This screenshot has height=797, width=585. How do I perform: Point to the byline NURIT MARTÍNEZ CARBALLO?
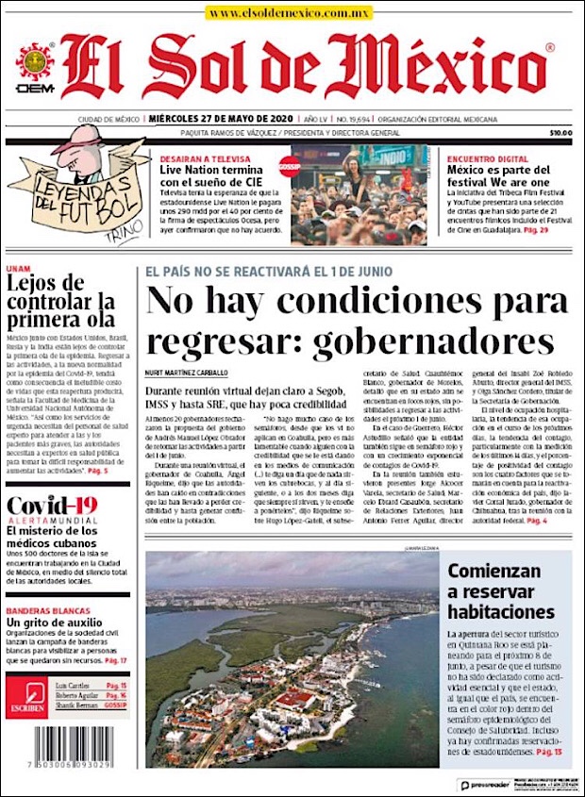coord(187,373)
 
